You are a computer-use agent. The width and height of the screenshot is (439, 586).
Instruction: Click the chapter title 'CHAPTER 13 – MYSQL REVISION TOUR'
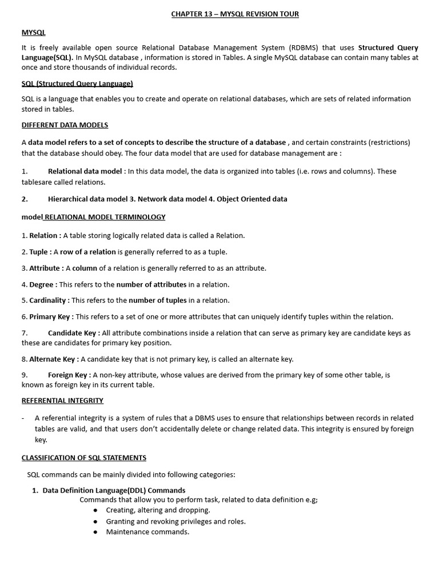pyautogui.click(x=235, y=14)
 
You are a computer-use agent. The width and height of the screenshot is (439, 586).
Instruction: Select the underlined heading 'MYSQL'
pyautogui.click(x=33, y=33)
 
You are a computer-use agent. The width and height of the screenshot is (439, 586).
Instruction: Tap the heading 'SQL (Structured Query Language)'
pyautogui.click(x=77, y=84)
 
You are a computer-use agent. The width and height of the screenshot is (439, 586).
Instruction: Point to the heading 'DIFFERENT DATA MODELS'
pyautogui.click(x=65, y=125)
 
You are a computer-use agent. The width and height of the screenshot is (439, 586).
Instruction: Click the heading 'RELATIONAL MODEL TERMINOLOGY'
pyautogui.click(x=105, y=217)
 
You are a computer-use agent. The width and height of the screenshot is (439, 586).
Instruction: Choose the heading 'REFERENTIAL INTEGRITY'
pyautogui.click(x=62, y=401)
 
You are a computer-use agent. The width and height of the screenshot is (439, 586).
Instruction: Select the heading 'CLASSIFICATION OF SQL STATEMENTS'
pyautogui.click(x=83, y=458)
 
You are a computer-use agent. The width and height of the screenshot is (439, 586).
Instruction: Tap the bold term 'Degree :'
pyautogui.click(x=43, y=284)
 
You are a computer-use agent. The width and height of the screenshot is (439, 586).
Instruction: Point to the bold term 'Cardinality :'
pyautogui.click(x=49, y=300)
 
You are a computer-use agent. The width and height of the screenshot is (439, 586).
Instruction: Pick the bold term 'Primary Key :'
pyautogui.click(x=51, y=316)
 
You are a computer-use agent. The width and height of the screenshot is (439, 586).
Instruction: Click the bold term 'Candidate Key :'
pyautogui.click(x=74, y=333)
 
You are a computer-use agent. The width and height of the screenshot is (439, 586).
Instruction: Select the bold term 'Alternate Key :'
pyautogui.click(x=54, y=359)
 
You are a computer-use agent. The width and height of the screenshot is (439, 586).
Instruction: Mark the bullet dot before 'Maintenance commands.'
pyautogui.click(x=95, y=532)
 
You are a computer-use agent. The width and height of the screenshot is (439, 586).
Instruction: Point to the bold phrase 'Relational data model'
pyautogui.click(x=85, y=171)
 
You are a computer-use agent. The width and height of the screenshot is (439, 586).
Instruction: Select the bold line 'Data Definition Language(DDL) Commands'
pyautogui.click(x=114, y=490)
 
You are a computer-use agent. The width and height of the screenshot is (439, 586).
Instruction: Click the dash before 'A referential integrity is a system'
pyautogui.click(x=23, y=418)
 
